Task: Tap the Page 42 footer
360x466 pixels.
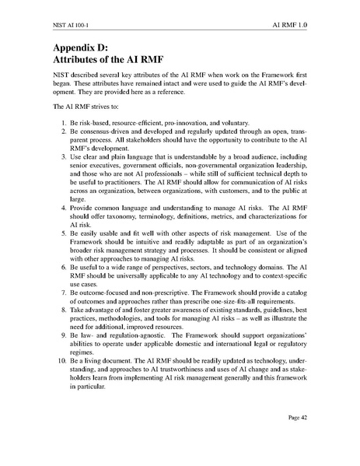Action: tap(320, 439)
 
